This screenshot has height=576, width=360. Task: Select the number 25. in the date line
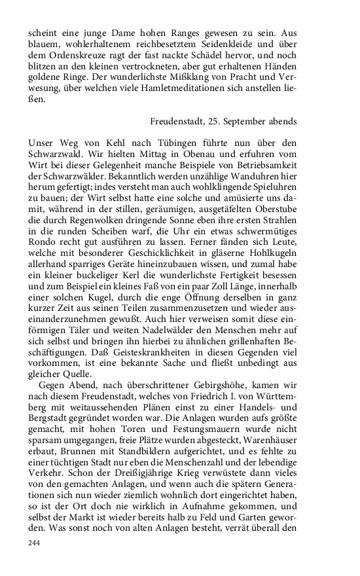226,122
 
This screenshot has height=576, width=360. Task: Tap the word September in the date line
257,122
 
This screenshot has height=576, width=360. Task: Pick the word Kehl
101,143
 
